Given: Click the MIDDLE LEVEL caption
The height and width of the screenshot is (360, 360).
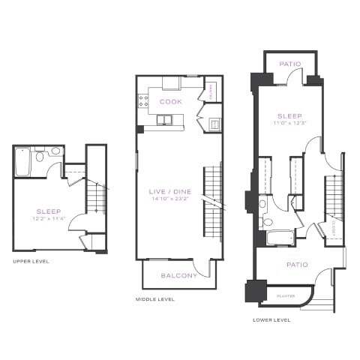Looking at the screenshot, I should [x=154, y=299].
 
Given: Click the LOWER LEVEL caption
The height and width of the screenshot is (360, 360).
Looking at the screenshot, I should [x=271, y=319].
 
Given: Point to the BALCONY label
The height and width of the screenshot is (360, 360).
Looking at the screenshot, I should [x=178, y=275].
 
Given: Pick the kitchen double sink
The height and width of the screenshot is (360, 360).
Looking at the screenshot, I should [x=165, y=119].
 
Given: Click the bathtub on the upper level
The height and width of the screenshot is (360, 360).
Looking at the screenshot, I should [x=22, y=160].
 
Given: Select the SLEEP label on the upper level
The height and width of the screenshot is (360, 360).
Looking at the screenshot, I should [x=49, y=211].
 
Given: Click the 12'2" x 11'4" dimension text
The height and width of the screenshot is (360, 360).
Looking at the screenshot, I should [x=49, y=219].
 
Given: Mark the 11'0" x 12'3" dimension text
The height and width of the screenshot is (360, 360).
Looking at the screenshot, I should [x=289, y=123].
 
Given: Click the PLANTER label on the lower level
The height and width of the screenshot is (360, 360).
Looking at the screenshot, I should [x=286, y=295].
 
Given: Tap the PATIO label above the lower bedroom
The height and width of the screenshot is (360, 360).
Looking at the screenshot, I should [x=289, y=64].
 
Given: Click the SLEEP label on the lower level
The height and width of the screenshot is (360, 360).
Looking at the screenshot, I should [x=289, y=115].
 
